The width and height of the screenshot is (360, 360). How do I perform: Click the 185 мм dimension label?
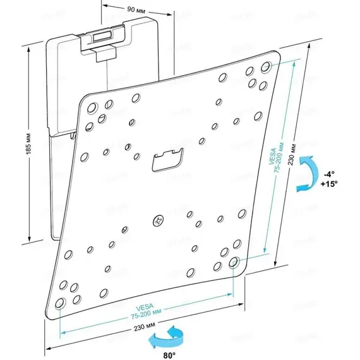click(x=28, y=143)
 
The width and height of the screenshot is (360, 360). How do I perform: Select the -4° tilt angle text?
click(x=329, y=174)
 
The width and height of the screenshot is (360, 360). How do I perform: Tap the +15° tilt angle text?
click(x=329, y=184)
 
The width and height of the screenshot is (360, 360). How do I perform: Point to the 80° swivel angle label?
click(x=169, y=356)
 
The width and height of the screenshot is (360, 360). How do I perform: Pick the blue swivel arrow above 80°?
click(x=165, y=337)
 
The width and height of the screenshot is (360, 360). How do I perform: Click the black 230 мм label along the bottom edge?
click(x=145, y=327)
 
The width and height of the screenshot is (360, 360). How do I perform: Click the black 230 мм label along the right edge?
click(x=292, y=155)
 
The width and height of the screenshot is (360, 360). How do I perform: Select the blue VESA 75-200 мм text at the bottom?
click(x=146, y=311)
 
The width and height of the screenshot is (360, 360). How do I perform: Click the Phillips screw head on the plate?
click(x=159, y=221)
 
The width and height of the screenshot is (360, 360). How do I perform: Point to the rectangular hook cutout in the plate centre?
click(x=167, y=160)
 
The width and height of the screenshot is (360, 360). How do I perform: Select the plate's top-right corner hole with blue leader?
click(x=266, y=67)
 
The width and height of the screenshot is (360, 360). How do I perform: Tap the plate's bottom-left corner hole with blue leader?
click(x=60, y=303)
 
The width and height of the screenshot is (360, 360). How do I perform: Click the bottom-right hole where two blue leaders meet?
click(x=234, y=263)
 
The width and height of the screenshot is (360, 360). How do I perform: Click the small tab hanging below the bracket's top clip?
click(x=105, y=55)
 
